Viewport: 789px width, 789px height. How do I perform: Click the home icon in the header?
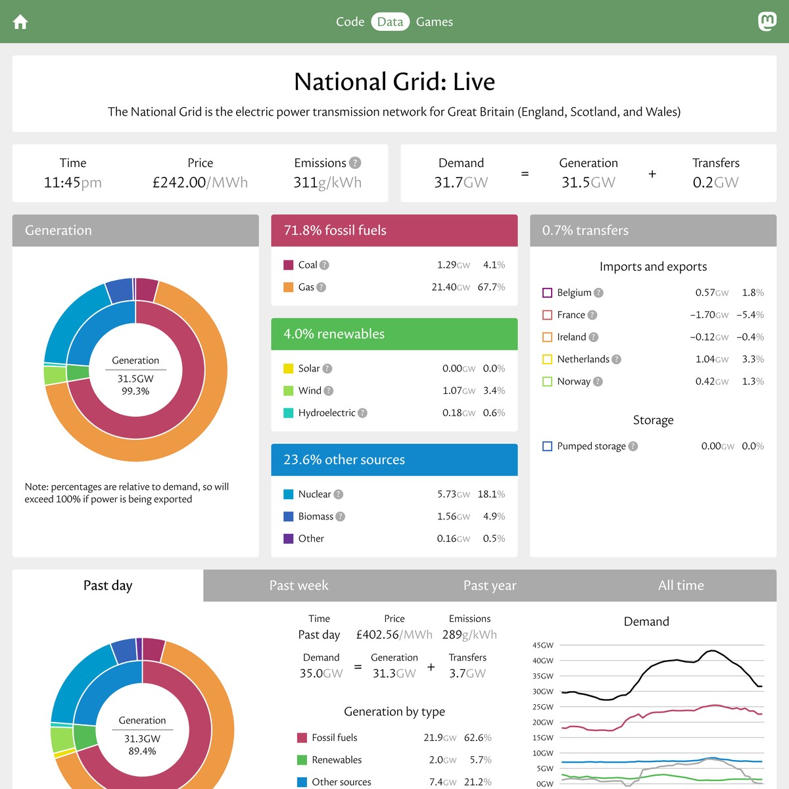20,22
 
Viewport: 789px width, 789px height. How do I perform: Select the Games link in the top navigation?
434,22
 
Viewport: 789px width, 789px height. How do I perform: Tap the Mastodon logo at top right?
767,22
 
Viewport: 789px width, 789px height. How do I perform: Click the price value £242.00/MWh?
200,183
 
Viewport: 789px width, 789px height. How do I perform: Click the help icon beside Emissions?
355,163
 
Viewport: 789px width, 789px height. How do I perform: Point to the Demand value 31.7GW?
461,183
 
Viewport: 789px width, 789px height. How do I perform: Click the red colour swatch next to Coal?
288,265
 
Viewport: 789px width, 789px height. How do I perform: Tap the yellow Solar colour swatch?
288,369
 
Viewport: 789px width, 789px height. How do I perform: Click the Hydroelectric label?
326,413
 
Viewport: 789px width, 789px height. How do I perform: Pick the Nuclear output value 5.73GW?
453,494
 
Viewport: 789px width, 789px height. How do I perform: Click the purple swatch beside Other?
288,538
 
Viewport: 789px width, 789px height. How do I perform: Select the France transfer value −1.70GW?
709,315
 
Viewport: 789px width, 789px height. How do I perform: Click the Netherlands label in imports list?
583,359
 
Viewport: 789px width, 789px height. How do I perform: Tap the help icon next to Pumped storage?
633,446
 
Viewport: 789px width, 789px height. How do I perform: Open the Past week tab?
299,585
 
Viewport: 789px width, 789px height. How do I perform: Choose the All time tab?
681,585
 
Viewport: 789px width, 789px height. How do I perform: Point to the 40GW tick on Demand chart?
543,661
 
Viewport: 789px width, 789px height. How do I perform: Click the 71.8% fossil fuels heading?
335,230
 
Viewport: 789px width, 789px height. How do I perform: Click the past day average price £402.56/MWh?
394,635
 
